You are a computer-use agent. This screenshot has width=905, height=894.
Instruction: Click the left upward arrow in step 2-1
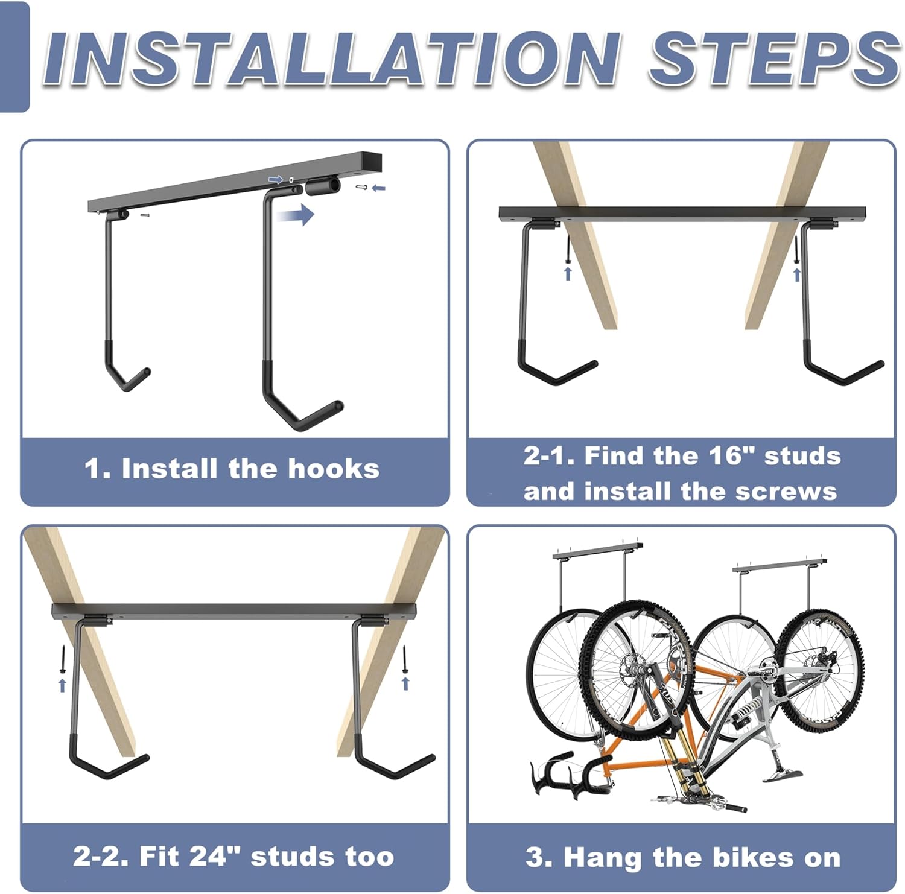[567, 274]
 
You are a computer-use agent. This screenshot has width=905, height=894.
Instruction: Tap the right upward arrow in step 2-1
[796, 274]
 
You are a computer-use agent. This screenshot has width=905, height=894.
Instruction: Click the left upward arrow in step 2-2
[62, 684]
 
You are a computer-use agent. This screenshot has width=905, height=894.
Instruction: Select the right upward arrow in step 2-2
[405, 683]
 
